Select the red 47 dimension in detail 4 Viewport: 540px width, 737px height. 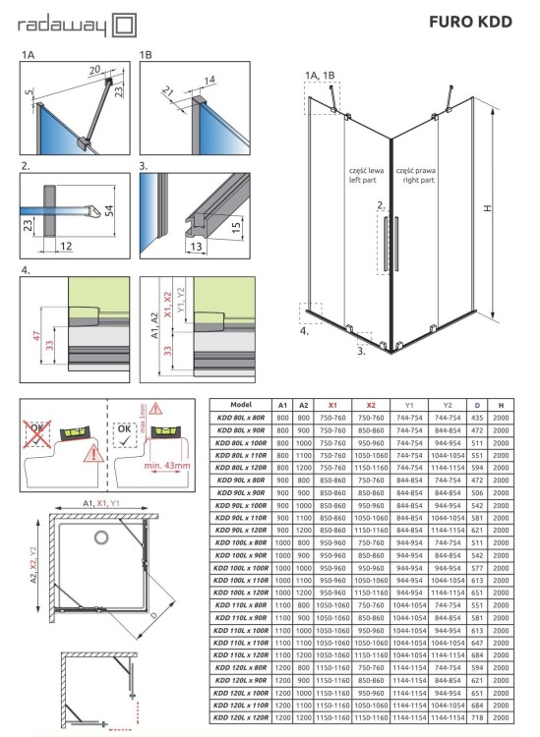(35, 336)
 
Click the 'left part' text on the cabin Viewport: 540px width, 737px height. (362, 183)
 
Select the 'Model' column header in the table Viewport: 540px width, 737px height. (241, 404)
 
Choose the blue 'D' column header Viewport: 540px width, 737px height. (477, 404)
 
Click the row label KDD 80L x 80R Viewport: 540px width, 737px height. (241, 418)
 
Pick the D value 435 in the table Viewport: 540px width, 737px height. (477, 418)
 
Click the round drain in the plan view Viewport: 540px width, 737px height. (99, 538)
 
